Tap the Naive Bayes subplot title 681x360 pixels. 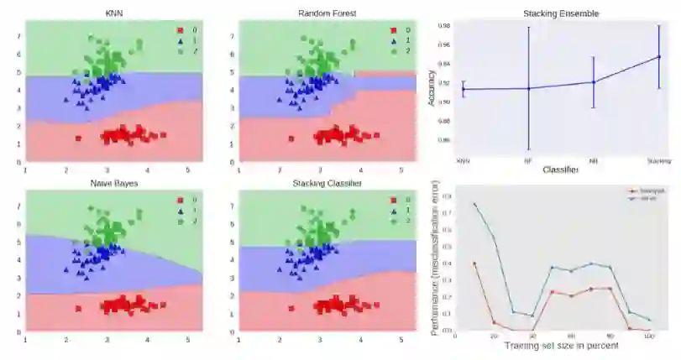(114, 183)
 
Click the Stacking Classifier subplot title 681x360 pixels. (327, 183)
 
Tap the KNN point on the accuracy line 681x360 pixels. (463, 89)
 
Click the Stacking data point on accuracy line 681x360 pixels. (659, 57)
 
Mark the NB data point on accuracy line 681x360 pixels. (594, 81)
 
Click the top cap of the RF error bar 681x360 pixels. (528, 28)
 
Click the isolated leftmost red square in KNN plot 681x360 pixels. (78, 138)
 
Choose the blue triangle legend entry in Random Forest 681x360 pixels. (392, 40)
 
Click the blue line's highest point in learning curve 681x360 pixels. (474, 204)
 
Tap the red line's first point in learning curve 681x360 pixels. (474, 263)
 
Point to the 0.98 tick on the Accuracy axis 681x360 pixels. (447, 25)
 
